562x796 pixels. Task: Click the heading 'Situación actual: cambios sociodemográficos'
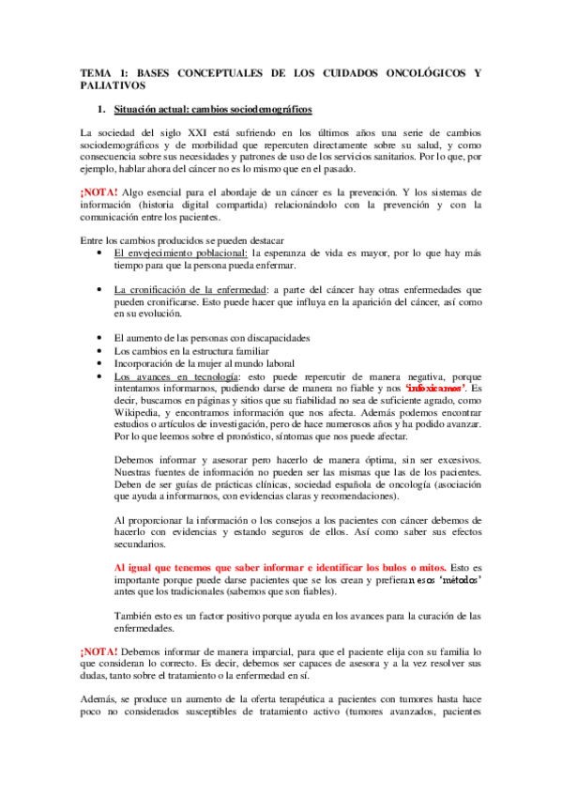point(213,109)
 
